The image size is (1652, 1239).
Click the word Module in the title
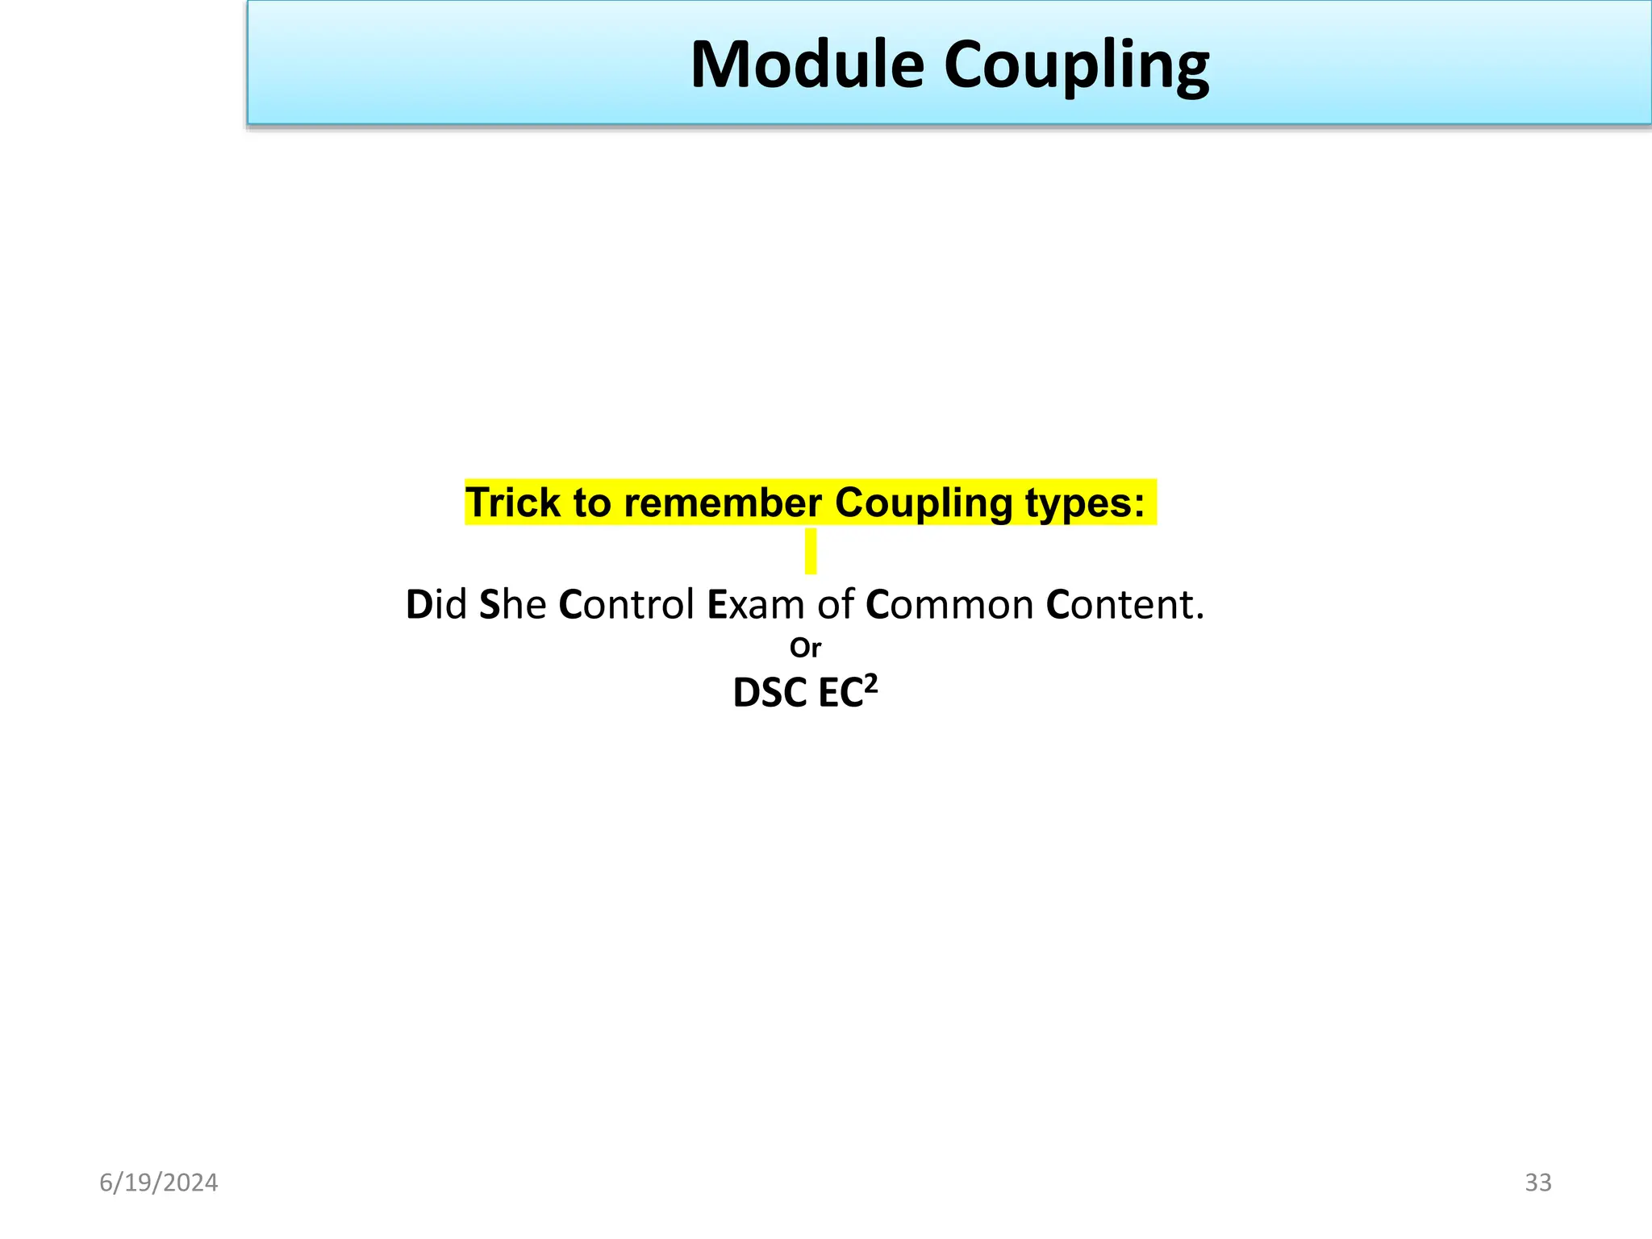tap(807, 65)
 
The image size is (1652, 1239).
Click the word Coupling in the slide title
tap(1076, 66)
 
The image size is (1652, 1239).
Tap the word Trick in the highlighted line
tap(512, 503)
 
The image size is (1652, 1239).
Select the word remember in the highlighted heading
tap(723, 503)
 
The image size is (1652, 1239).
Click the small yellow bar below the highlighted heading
tap(811, 551)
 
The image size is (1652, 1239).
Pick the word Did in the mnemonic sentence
tap(436, 604)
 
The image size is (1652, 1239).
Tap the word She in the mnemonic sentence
tap(513, 604)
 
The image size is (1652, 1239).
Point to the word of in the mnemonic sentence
tap(835, 604)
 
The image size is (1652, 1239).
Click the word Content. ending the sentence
tap(1124, 604)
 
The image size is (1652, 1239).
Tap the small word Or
tap(805, 647)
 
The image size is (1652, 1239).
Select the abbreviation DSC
tap(770, 693)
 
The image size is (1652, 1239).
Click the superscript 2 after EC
tap(870, 684)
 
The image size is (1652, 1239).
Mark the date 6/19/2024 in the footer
tap(158, 1183)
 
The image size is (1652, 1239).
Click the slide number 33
tap(1537, 1183)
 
